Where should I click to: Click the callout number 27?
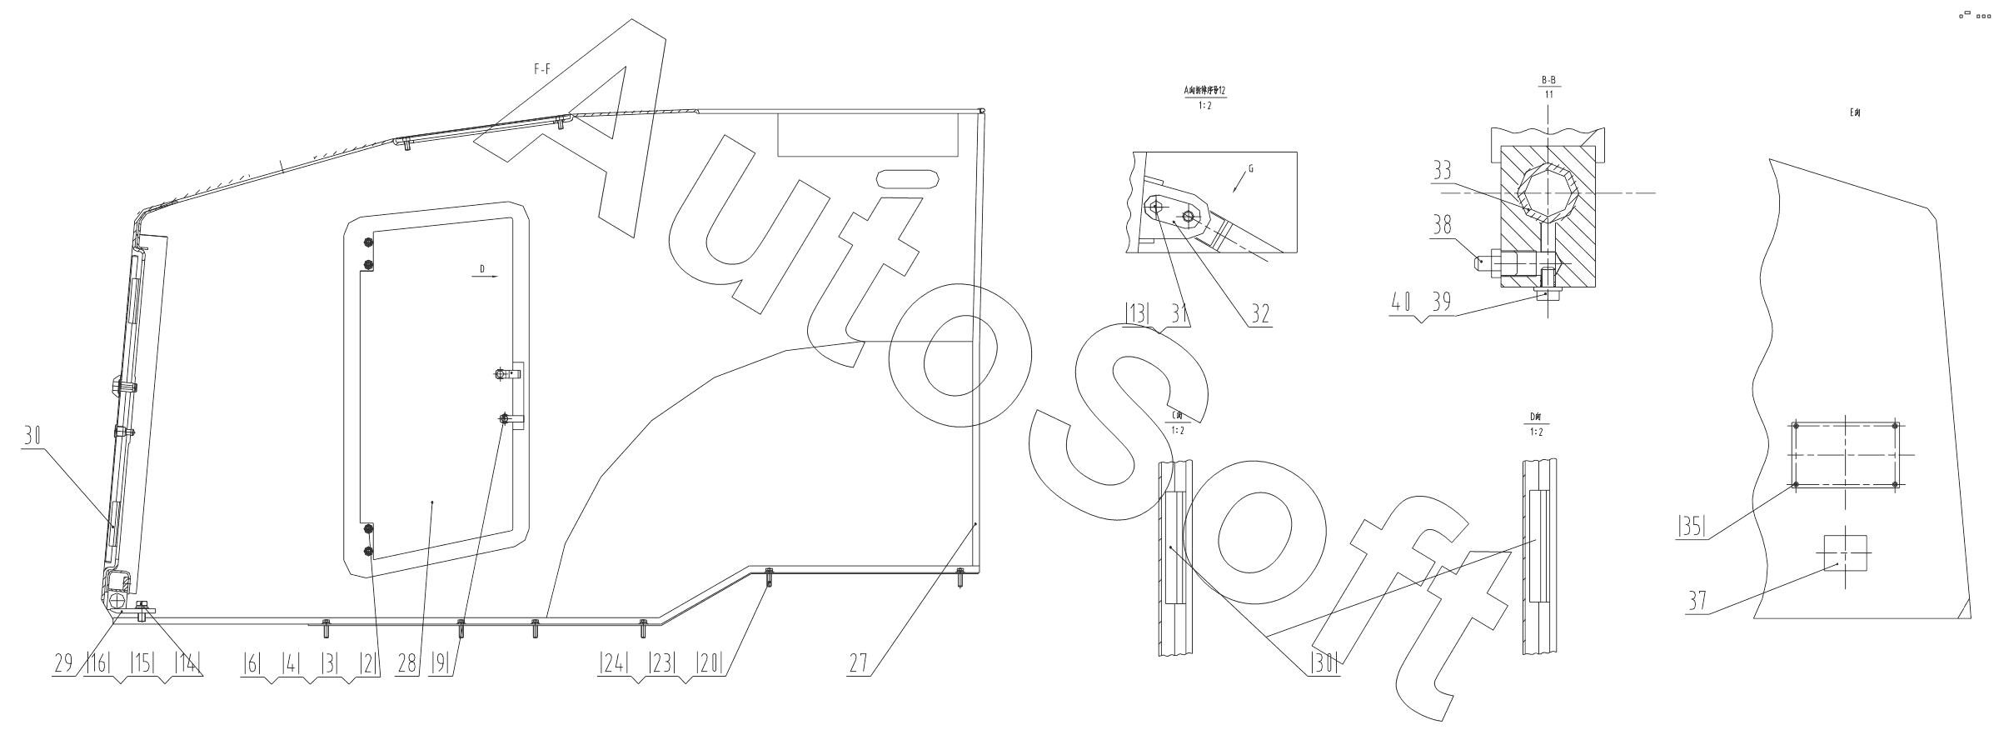click(x=860, y=664)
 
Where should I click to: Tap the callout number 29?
click(x=63, y=664)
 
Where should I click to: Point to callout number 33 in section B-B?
click(x=1442, y=172)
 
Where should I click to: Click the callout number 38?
click(x=1442, y=224)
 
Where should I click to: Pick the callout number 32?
click(x=1259, y=314)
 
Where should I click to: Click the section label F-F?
click(x=541, y=71)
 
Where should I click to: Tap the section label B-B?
click(x=1548, y=80)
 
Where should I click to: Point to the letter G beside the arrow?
click(x=1250, y=169)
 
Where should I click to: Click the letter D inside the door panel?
click(x=481, y=268)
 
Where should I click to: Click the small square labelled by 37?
click(x=1844, y=552)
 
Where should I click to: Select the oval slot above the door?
click(x=907, y=179)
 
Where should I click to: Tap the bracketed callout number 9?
click(x=441, y=664)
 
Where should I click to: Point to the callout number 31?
click(x=1178, y=314)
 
